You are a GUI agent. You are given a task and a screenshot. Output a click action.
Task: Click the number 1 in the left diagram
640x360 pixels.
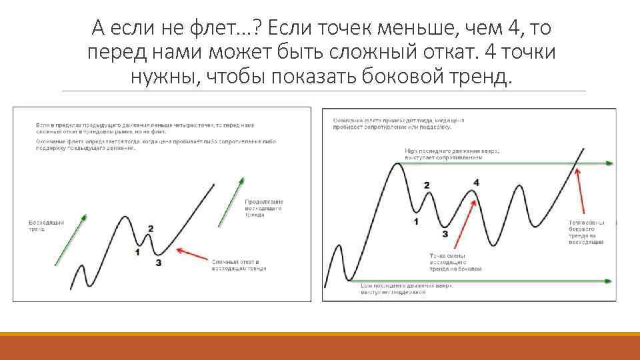click(x=137, y=252)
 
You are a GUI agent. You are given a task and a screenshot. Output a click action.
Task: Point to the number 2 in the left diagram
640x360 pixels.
click(x=151, y=229)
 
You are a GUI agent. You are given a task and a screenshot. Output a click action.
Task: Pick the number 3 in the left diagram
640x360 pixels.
click(x=158, y=263)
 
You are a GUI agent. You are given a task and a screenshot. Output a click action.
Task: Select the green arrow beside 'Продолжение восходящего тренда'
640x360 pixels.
click(x=229, y=201)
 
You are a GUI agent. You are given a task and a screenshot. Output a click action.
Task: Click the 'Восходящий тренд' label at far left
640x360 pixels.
click(x=42, y=225)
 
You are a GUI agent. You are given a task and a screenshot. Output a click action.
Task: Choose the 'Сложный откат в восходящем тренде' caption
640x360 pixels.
click(x=239, y=265)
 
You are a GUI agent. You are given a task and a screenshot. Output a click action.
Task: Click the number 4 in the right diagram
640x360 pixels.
click(x=475, y=182)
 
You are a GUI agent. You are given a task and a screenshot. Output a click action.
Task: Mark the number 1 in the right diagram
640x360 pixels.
click(x=416, y=221)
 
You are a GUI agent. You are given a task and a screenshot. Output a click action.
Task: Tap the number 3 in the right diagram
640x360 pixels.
click(x=445, y=234)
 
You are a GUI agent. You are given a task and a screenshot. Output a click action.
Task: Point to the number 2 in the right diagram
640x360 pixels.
click(x=427, y=185)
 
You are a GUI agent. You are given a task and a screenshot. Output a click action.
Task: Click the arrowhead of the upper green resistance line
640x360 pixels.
click(x=609, y=163)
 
